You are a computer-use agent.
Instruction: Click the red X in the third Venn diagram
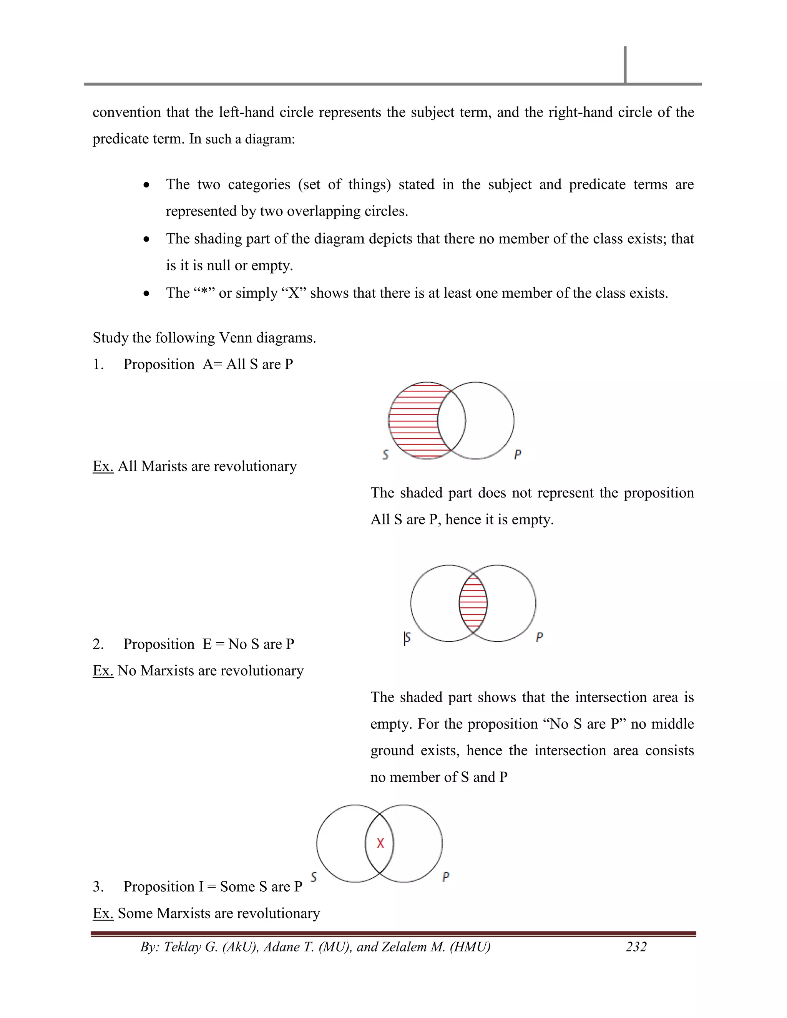click(x=380, y=843)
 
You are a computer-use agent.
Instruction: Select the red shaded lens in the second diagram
click(x=473, y=603)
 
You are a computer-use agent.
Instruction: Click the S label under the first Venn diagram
click(x=385, y=454)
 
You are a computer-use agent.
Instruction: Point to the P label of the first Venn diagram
click(x=517, y=454)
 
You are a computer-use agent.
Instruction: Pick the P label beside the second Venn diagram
click(x=540, y=637)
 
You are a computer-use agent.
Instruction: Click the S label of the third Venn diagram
click(x=314, y=877)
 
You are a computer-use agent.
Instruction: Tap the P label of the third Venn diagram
click(x=446, y=877)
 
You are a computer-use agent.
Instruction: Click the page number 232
click(x=636, y=947)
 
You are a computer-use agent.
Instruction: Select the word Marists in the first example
click(x=161, y=466)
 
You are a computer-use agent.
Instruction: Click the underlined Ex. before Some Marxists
click(x=103, y=913)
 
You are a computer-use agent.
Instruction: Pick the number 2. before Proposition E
click(x=98, y=644)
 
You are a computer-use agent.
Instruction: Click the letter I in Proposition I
click(x=201, y=887)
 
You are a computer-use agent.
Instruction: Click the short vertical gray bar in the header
click(x=625, y=64)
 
